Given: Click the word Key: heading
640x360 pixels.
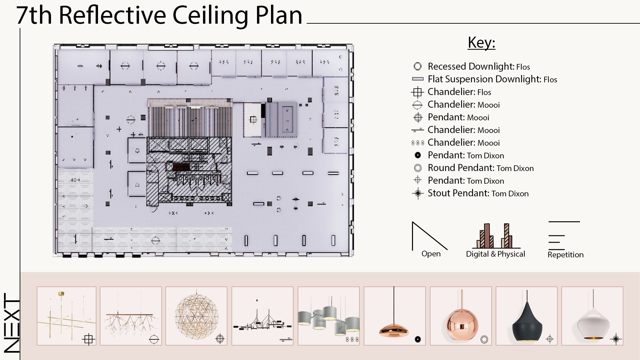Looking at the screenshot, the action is click(481, 43).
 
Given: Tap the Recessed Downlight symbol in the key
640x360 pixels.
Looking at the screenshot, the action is click(417, 66).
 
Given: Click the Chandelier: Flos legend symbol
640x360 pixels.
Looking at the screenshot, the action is click(417, 92).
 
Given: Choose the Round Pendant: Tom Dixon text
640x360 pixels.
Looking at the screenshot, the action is click(480, 168).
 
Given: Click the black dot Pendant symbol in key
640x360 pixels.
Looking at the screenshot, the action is click(417, 155).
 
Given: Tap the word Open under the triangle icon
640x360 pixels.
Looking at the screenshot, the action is click(431, 254).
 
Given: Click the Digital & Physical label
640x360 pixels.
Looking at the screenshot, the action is click(495, 254).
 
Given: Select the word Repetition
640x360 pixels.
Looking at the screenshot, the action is click(565, 255).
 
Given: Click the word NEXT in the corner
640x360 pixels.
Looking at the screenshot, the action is click(12, 322).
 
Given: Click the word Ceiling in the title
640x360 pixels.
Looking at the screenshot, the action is click(210, 16).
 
